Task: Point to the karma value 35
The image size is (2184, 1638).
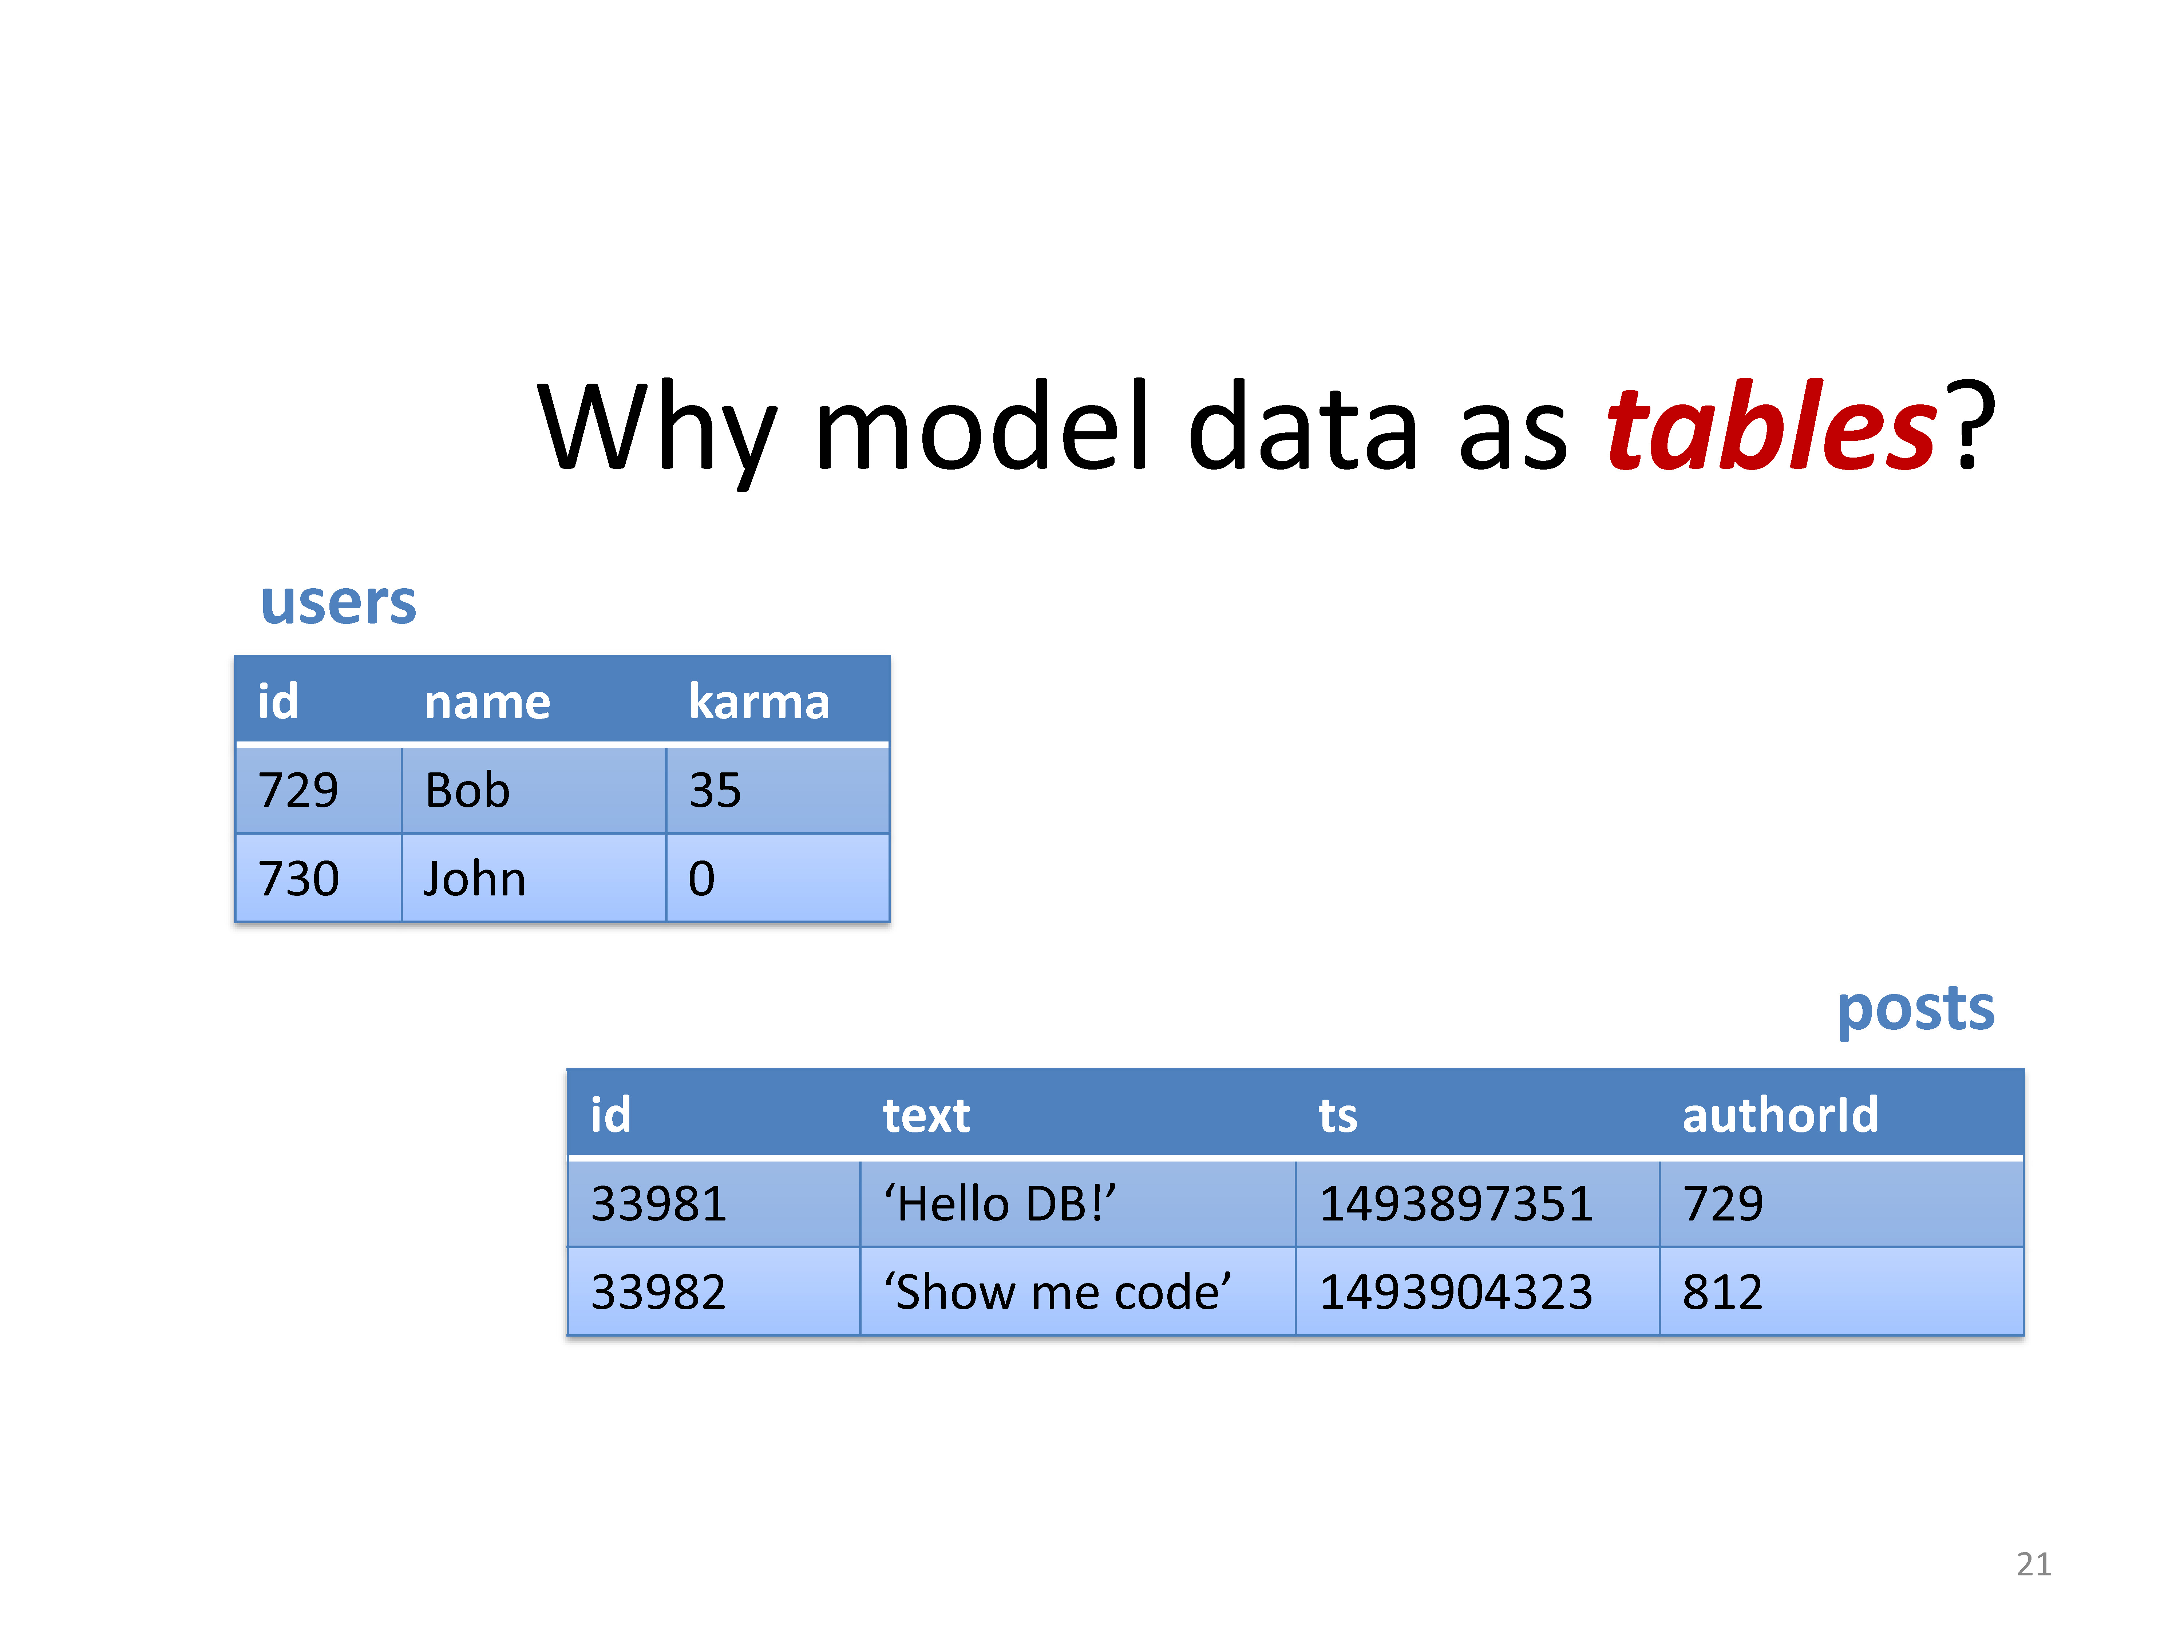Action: (715, 790)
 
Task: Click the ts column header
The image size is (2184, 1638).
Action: (1338, 1116)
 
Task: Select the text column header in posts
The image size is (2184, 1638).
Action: (926, 1116)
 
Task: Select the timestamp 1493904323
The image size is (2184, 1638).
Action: (1456, 1291)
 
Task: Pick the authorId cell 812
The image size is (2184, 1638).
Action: (1723, 1291)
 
